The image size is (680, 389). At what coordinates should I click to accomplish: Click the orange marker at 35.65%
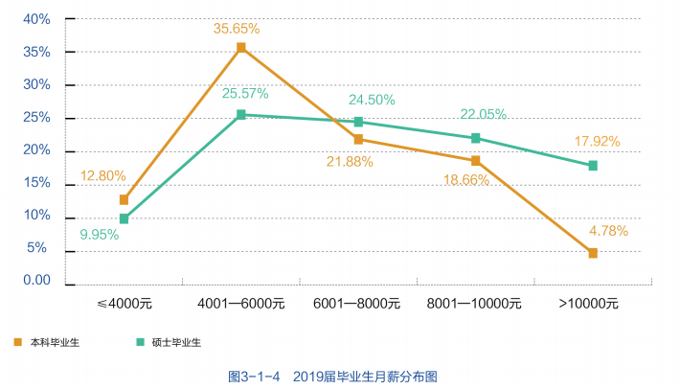click(240, 47)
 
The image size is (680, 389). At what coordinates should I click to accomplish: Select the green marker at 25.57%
click(240, 115)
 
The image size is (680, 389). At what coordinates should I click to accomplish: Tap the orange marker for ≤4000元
click(124, 199)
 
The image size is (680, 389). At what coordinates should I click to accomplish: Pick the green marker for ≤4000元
click(124, 218)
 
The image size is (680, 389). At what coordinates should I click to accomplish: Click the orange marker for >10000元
click(593, 253)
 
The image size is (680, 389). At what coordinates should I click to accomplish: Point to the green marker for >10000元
click(593, 166)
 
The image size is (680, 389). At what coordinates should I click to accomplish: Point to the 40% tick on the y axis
click(36, 19)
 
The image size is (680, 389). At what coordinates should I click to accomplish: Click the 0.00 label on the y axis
click(35, 281)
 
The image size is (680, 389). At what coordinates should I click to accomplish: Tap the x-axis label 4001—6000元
click(241, 304)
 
